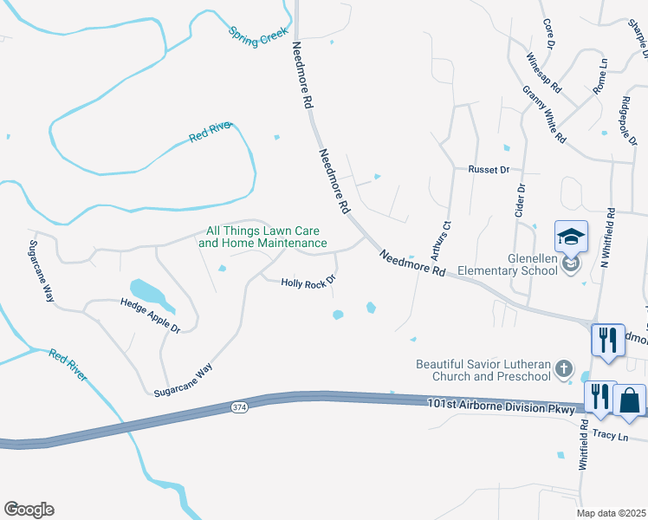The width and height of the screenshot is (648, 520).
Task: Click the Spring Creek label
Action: pos(257,37)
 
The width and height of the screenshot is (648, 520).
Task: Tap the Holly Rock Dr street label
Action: pos(308,282)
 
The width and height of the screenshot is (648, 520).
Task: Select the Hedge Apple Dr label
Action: pos(150,316)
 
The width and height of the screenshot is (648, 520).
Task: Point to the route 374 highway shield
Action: pos(240,406)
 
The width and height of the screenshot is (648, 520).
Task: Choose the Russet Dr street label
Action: pos(489,170)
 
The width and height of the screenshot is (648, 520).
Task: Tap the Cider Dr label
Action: pos(521,200)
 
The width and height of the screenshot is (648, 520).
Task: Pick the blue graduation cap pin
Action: pos(571,237)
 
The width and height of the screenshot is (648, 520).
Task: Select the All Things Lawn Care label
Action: pos(262,237)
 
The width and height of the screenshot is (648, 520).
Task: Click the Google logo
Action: pos(29,510)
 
